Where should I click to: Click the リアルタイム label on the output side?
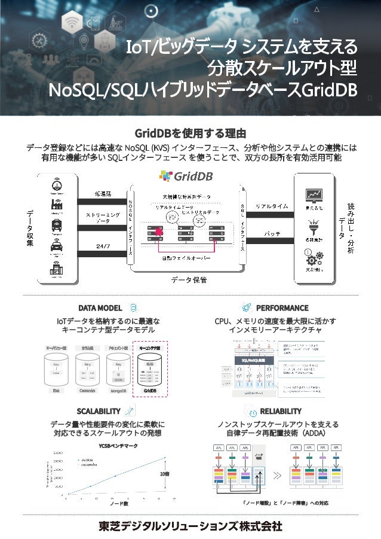272,206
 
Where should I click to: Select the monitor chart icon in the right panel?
314,195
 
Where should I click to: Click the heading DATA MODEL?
100,308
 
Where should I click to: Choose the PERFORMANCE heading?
282,308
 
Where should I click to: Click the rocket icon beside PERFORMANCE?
246,307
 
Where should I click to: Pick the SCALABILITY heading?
99,411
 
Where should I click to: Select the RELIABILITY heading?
281,411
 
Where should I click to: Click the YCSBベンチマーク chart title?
118,446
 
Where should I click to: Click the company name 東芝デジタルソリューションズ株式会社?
190,526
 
